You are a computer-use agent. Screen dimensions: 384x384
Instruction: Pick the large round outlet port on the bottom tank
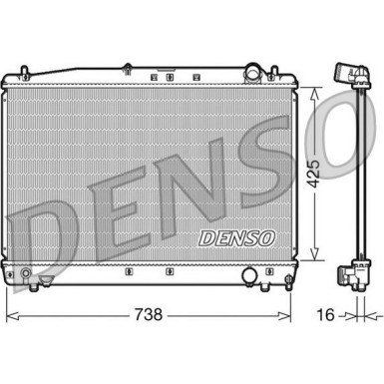click(x=250, y=274)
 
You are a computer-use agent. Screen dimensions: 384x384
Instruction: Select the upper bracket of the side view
click(x=348, y=75)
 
